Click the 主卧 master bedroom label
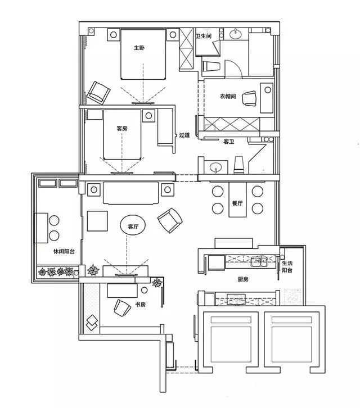139,48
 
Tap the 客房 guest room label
122,129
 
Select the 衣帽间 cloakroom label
228,96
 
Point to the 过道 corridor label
184,135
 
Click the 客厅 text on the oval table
133,226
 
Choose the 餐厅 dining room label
237,203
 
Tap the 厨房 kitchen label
243,279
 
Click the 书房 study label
140,304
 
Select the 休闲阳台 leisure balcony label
64,251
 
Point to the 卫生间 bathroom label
204,36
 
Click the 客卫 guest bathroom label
229,142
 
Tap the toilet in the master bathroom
211,66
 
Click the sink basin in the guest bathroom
215,167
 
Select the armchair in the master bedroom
98,93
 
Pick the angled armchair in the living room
170,220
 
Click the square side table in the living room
97,221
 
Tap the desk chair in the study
122,308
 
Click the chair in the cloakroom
249,98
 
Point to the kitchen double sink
259,262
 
